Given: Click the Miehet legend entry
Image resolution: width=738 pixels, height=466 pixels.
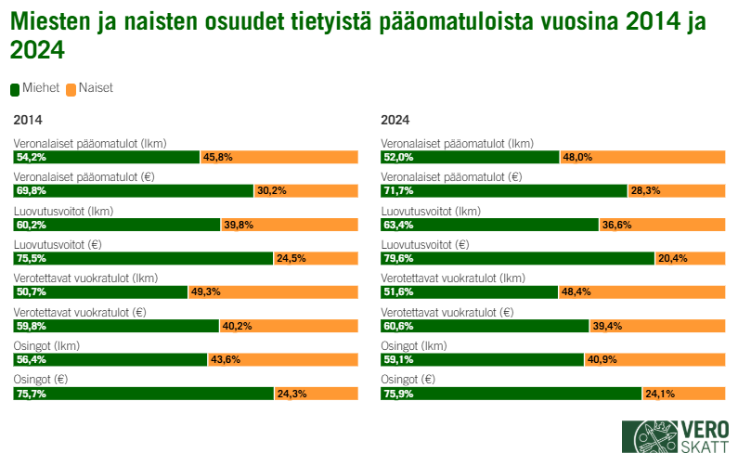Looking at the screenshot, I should point(34,88).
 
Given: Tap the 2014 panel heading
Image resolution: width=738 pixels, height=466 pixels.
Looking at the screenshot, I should point(28,120).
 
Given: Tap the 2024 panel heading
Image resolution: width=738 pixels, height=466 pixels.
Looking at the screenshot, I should point(395,120).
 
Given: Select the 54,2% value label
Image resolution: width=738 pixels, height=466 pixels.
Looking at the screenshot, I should point(31,158).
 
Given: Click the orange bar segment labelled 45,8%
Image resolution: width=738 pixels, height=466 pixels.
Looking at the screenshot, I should point(279,158).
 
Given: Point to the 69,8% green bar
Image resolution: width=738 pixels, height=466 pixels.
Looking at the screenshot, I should point(133,191).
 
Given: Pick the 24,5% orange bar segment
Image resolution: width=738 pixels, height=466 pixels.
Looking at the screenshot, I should point(316,259).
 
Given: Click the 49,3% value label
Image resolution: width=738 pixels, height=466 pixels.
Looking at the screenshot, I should point(205,292).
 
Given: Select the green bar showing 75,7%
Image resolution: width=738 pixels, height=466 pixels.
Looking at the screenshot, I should point(143,394).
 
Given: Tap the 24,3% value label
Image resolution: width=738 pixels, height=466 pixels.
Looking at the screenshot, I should point(291,394).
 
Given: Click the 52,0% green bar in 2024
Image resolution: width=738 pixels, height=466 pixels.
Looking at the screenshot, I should point(470,158).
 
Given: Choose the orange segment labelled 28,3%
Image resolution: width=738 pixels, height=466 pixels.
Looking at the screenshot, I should point(678,191).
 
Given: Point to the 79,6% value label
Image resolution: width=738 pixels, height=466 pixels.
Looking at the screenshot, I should point(398,259).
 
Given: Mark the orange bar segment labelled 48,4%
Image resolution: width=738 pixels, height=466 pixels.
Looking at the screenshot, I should point(642,292).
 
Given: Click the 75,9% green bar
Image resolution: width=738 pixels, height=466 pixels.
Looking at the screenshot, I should point(511,394).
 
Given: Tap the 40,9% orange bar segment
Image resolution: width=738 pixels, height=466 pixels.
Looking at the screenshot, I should point(655,360).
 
